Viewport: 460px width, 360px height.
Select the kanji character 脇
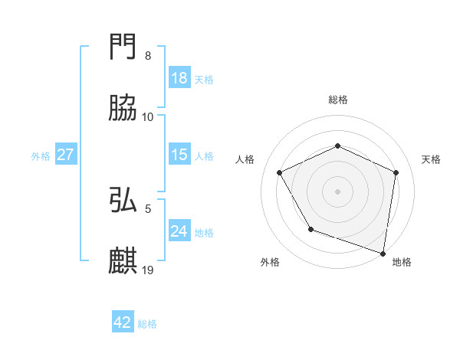coord(123,109)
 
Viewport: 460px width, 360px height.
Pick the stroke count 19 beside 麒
coord(149,270)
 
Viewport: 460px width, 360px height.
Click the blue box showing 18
coord(179,78)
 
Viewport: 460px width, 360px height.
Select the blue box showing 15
coord(179,155)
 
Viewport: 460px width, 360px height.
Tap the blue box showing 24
coord(179,231)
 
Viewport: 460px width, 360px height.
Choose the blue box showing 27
coord(66,155)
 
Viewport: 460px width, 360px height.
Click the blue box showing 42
coord(123,322)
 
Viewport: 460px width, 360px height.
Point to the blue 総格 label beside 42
coord(147,324)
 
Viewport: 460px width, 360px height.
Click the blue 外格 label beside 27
coord(41,156)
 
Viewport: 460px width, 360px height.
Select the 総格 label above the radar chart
coord(337,100)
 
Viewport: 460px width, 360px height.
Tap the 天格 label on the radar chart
coord(431,159)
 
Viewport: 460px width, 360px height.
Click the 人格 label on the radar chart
coord(245,159)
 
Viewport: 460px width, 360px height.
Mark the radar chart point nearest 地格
coord(383,253)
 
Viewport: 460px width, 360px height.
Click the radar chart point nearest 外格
coord(310,228)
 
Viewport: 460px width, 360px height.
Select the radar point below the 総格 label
coord(337,146)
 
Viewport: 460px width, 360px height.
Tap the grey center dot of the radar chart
coord(337,191)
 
